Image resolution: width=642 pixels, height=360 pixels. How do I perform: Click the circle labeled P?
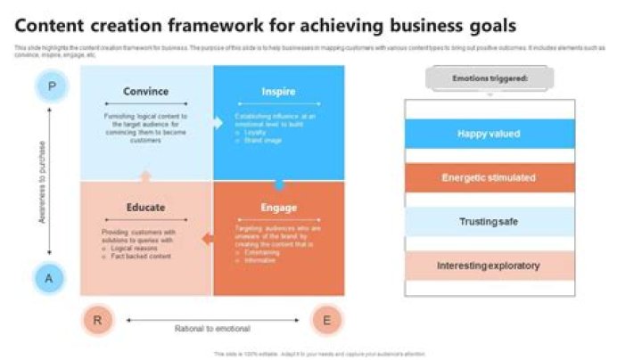point(51,86)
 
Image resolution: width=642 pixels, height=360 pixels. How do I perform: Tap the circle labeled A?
point(50,279)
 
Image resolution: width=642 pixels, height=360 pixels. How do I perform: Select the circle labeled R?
point(98,319)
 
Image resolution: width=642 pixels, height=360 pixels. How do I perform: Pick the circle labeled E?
point(327,319)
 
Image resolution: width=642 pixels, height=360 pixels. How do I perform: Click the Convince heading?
point(146,91)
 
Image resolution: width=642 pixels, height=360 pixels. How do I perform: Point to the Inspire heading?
point(278,91)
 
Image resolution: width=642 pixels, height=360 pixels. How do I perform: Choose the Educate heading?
point(145,208)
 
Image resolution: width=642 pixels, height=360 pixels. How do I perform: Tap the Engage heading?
point(278,208)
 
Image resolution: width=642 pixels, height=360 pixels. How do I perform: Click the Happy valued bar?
point(489,134)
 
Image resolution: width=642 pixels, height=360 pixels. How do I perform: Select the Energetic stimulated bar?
point(489,177)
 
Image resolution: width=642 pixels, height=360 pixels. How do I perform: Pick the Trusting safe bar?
point(489,221)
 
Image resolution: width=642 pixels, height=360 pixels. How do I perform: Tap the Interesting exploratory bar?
point(489,266)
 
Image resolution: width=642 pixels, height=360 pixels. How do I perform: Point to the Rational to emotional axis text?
point(212,328)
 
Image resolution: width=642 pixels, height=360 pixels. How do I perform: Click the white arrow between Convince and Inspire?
point(217,123)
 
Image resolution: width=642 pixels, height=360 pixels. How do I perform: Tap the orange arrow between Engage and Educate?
point(208,238)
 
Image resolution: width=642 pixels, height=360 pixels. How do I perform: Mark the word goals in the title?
point(489,25)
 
